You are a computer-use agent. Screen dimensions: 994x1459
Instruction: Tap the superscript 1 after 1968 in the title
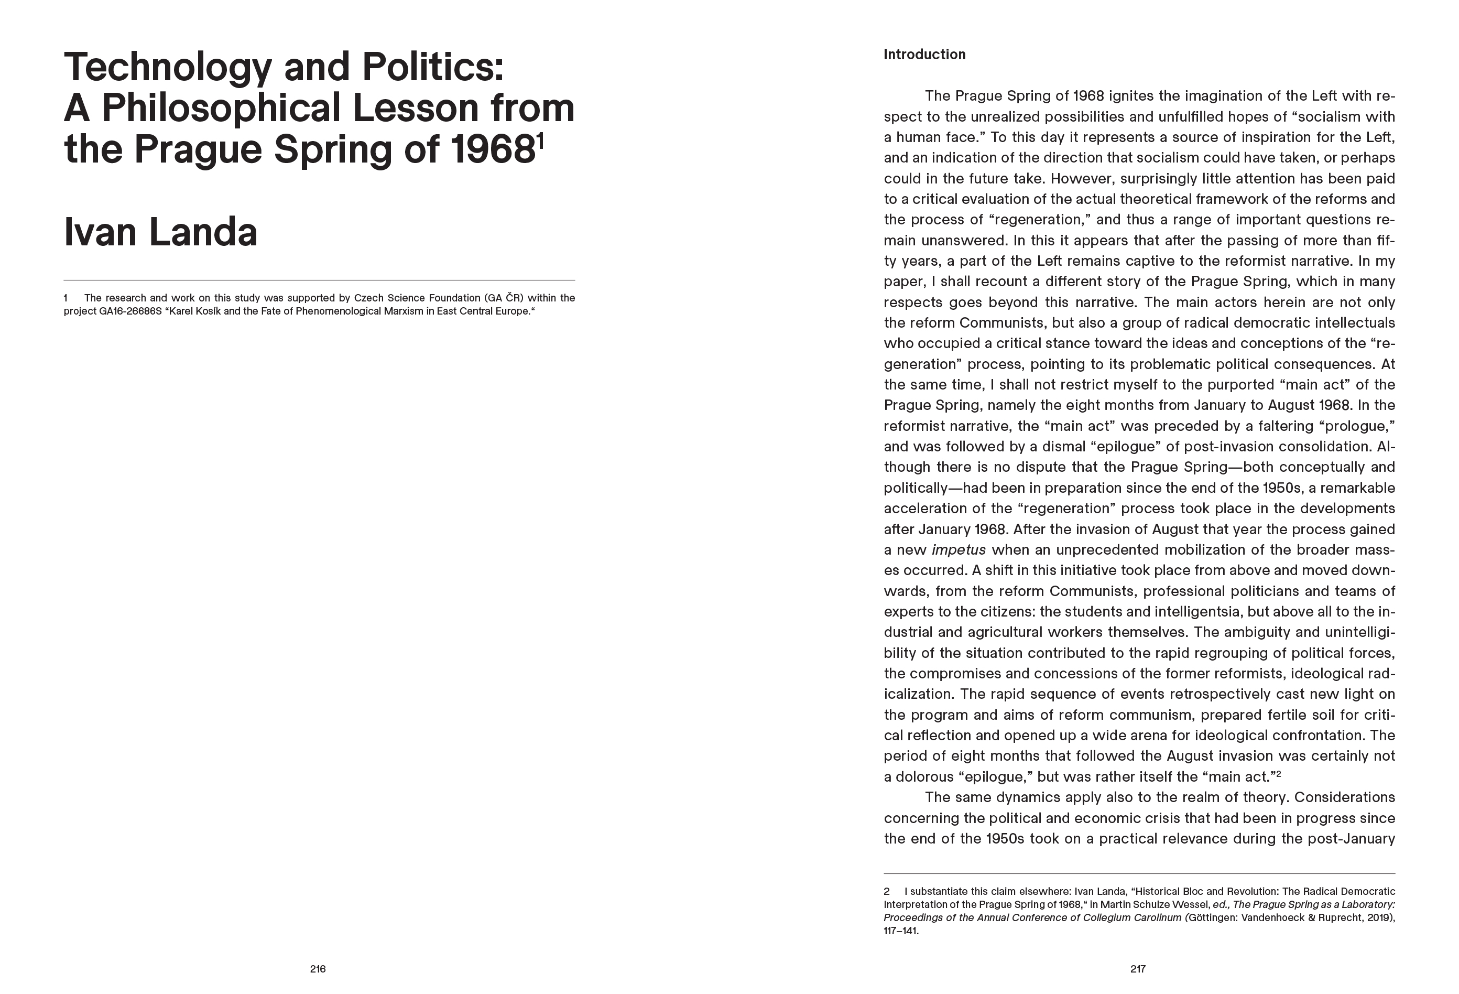539,139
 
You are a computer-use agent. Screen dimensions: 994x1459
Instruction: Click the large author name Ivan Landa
161,232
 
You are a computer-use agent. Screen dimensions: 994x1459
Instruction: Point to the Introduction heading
924,55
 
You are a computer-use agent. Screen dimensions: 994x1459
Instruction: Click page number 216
318,969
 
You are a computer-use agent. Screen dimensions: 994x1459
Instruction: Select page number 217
1138,969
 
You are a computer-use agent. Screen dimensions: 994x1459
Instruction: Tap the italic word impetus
959,550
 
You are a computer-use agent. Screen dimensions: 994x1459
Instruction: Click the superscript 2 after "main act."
1278,774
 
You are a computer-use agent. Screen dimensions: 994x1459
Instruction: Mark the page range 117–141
901,931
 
